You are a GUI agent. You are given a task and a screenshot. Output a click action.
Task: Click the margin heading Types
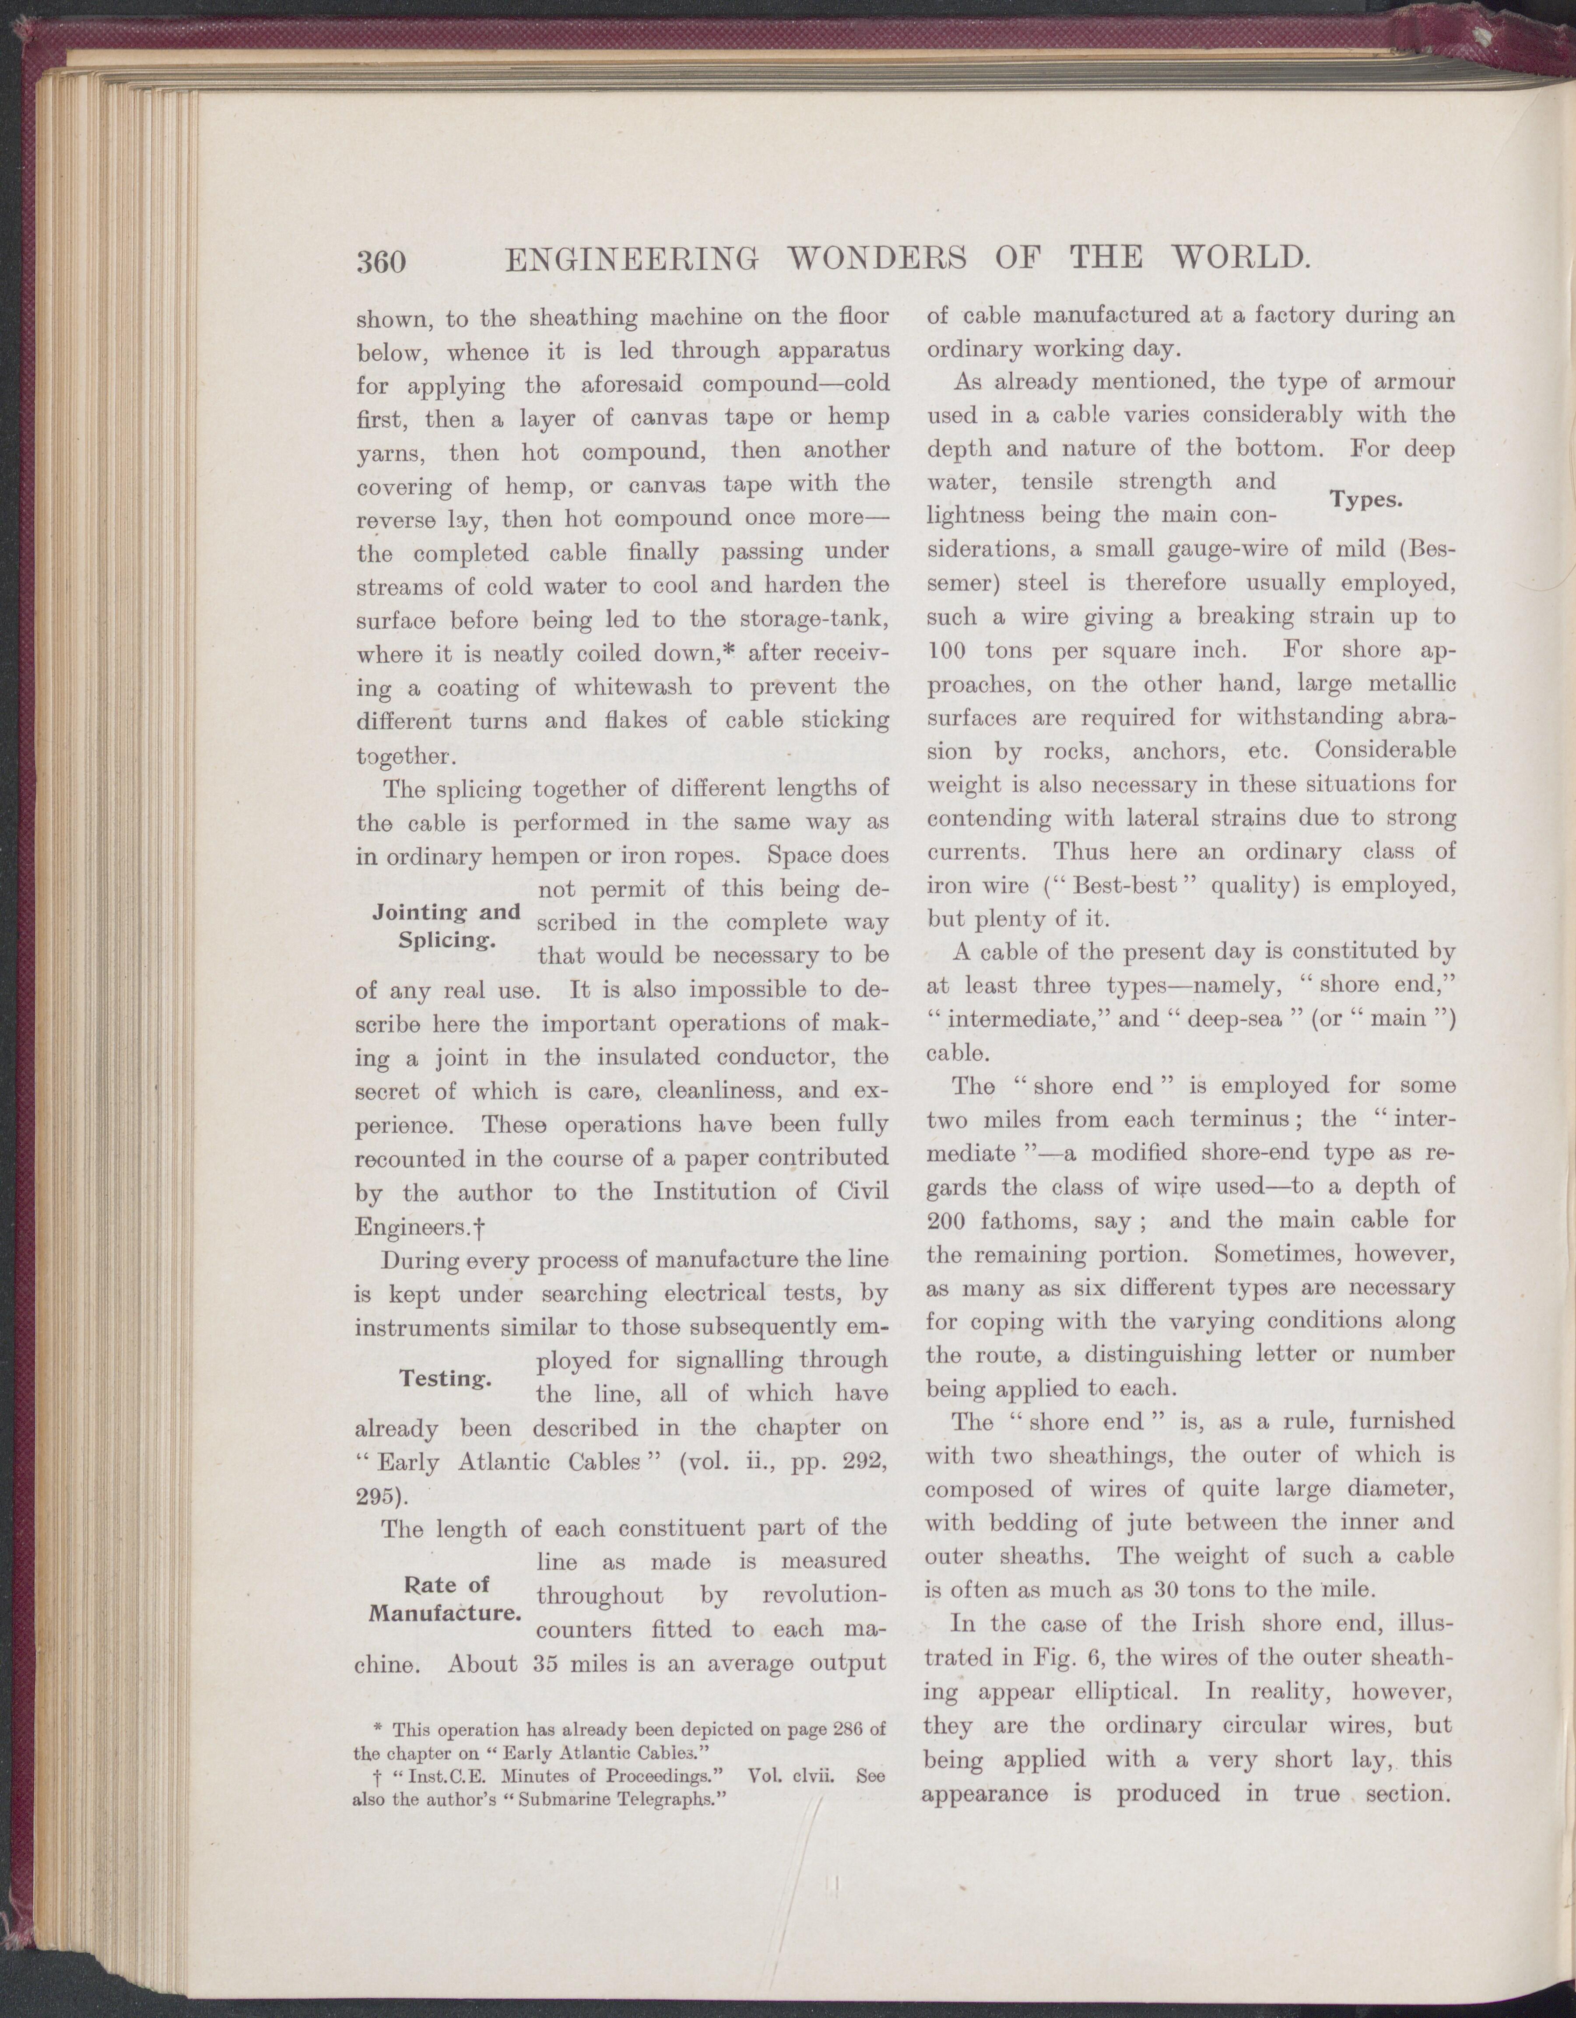point(1367,500)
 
